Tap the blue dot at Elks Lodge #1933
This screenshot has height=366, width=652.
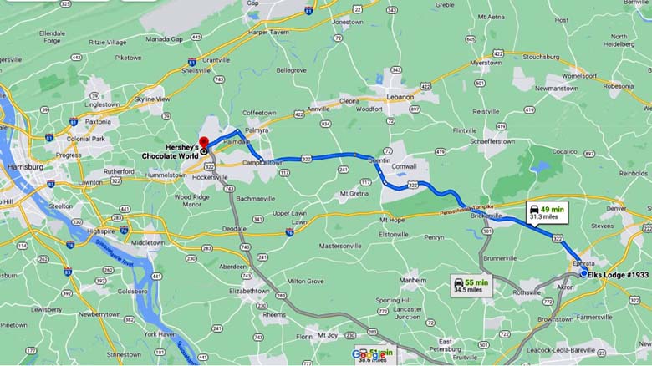coord(584,273)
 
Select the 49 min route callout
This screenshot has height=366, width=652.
coord(543,213)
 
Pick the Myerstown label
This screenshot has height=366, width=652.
coord(485,63)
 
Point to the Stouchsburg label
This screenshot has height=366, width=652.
coord(541,57)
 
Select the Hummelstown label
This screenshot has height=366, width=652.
coord(166,175)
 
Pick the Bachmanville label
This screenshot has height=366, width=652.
coord(258,198)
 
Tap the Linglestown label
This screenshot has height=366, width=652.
coord(103,104)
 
